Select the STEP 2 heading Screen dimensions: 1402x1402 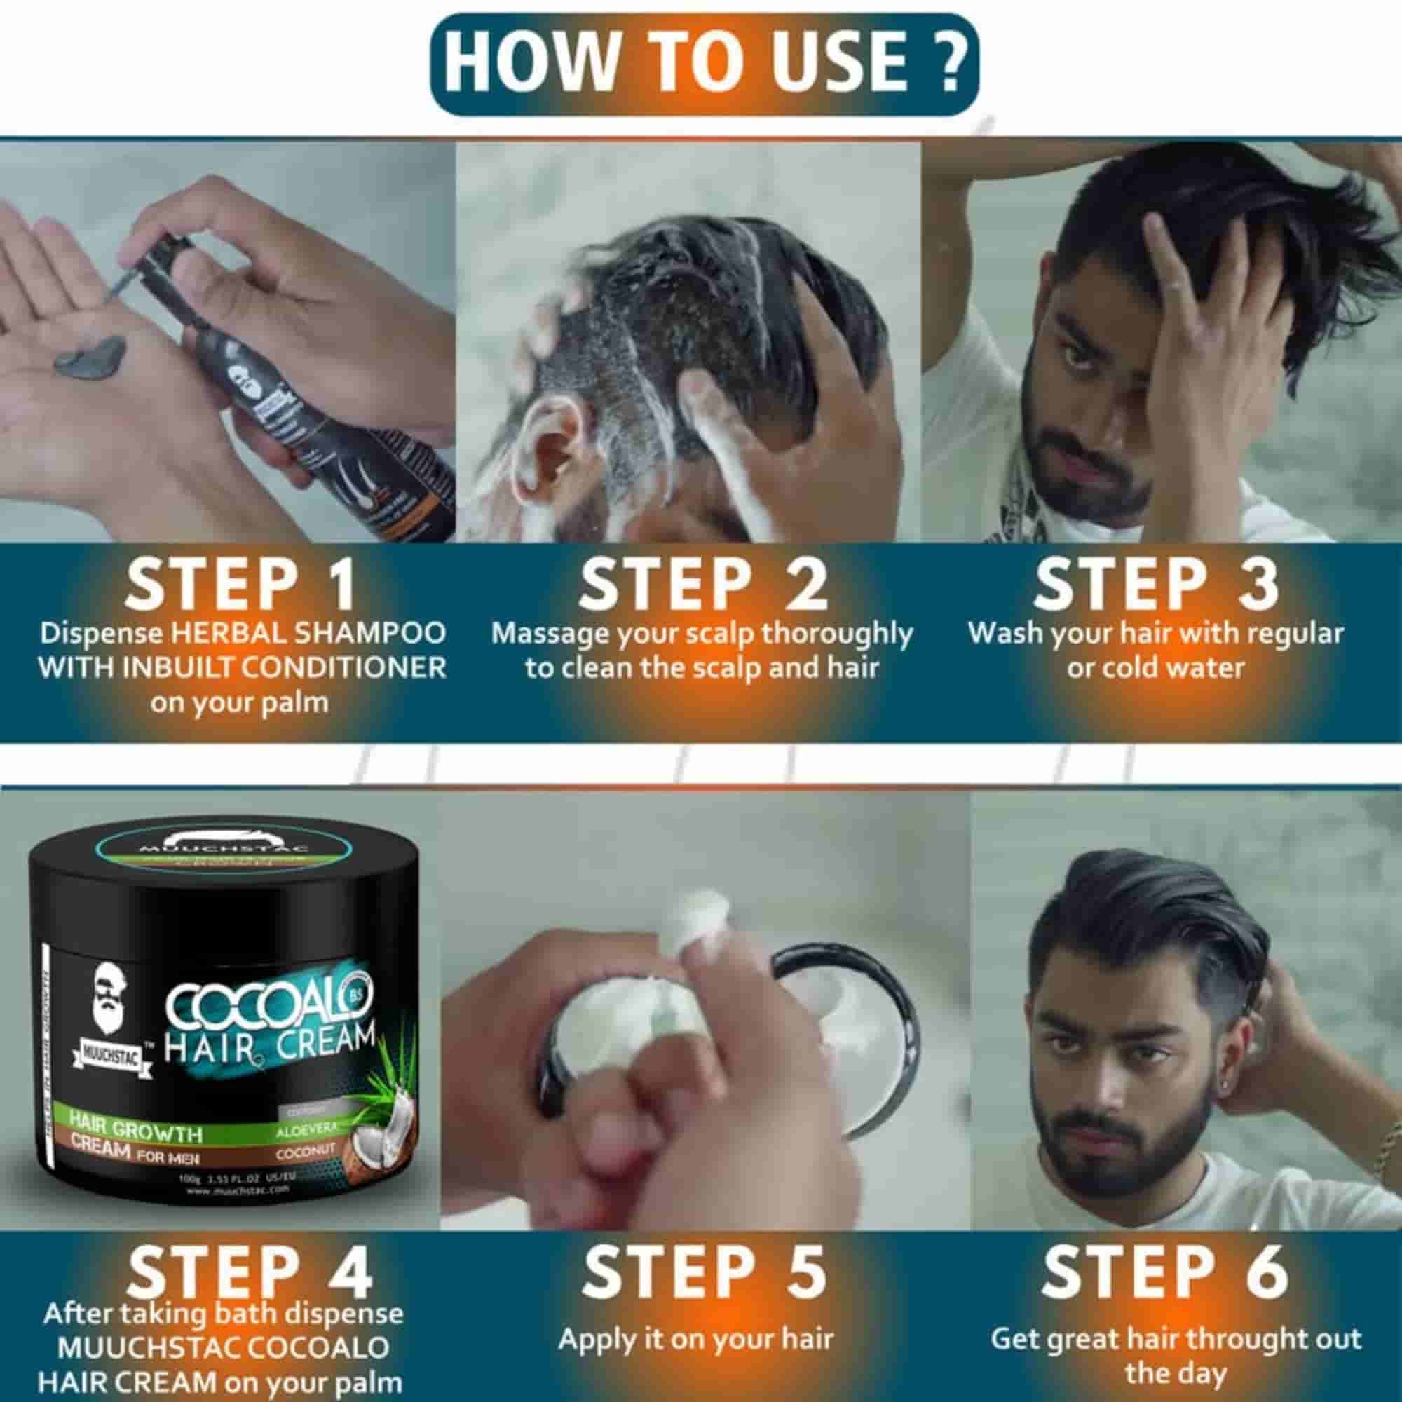702,583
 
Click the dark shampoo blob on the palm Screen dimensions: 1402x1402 90,360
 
